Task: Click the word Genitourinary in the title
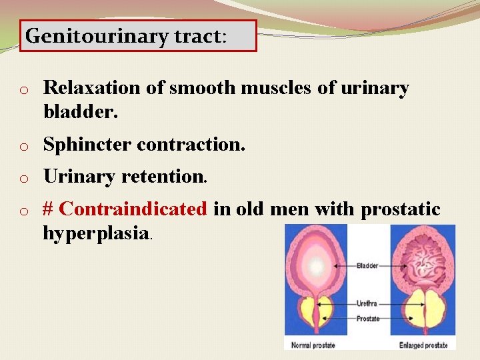tap(96, 36)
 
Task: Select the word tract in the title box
tap(198, 36)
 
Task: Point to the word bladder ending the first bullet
tap(80, 113)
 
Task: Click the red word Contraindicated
tap(133, 209)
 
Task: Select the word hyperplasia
tap(96, 233)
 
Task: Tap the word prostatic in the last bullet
tap(401, 209)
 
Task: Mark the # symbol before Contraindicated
tap(48, 209)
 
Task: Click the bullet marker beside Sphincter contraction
tap(23, 145)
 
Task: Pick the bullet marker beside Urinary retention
tap(23, 178)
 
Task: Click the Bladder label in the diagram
tap(367, 265)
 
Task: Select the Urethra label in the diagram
tap(367, 303)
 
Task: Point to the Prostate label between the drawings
tap(367, 319)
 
